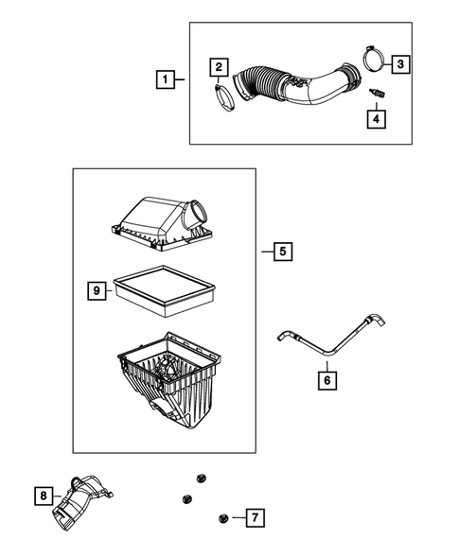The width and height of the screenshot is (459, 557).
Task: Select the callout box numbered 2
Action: [218, 65]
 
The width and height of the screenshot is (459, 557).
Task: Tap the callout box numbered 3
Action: [401, 63]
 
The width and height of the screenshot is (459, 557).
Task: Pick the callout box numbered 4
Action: [376, 118]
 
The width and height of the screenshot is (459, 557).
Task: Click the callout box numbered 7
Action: [254, 517]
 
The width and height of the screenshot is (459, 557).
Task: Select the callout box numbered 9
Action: [97, 291]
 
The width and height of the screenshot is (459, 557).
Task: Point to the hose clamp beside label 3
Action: [370, 61]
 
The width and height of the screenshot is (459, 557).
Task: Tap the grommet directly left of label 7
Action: [223, 517]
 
